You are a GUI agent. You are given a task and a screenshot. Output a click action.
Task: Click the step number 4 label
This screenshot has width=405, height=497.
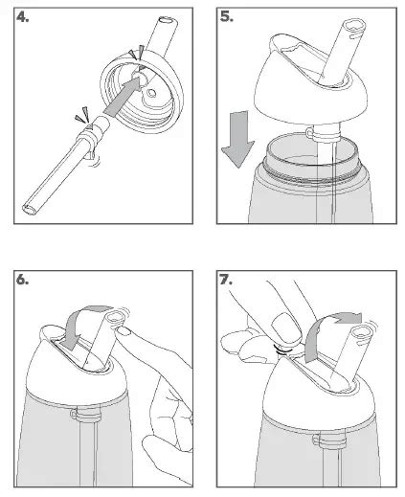(22, 17)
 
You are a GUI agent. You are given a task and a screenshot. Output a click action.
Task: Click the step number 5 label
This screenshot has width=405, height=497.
(226, 17)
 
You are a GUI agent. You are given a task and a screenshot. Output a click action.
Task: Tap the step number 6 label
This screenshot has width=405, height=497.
(22, 280)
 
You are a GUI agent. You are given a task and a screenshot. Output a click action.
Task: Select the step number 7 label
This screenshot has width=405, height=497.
(226, 280)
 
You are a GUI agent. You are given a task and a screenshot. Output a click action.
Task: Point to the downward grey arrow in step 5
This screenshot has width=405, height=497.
(238, 139)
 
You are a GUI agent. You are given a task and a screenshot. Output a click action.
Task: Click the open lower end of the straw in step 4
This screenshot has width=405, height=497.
(30, 210)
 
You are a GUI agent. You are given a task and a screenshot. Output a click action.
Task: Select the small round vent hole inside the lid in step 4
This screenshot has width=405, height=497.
(151, 93)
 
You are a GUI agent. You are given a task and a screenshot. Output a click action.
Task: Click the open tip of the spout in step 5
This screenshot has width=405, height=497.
(353, 25)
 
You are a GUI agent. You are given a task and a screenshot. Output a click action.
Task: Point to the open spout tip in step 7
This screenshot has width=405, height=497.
(362, 332)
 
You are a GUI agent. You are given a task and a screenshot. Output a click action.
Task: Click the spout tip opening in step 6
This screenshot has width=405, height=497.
(115, 318)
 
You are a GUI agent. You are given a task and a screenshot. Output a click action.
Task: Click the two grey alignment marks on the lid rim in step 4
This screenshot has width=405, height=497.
(136, 54)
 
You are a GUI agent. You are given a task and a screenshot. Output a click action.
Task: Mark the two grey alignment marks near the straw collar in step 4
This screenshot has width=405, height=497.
(82, 116)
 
